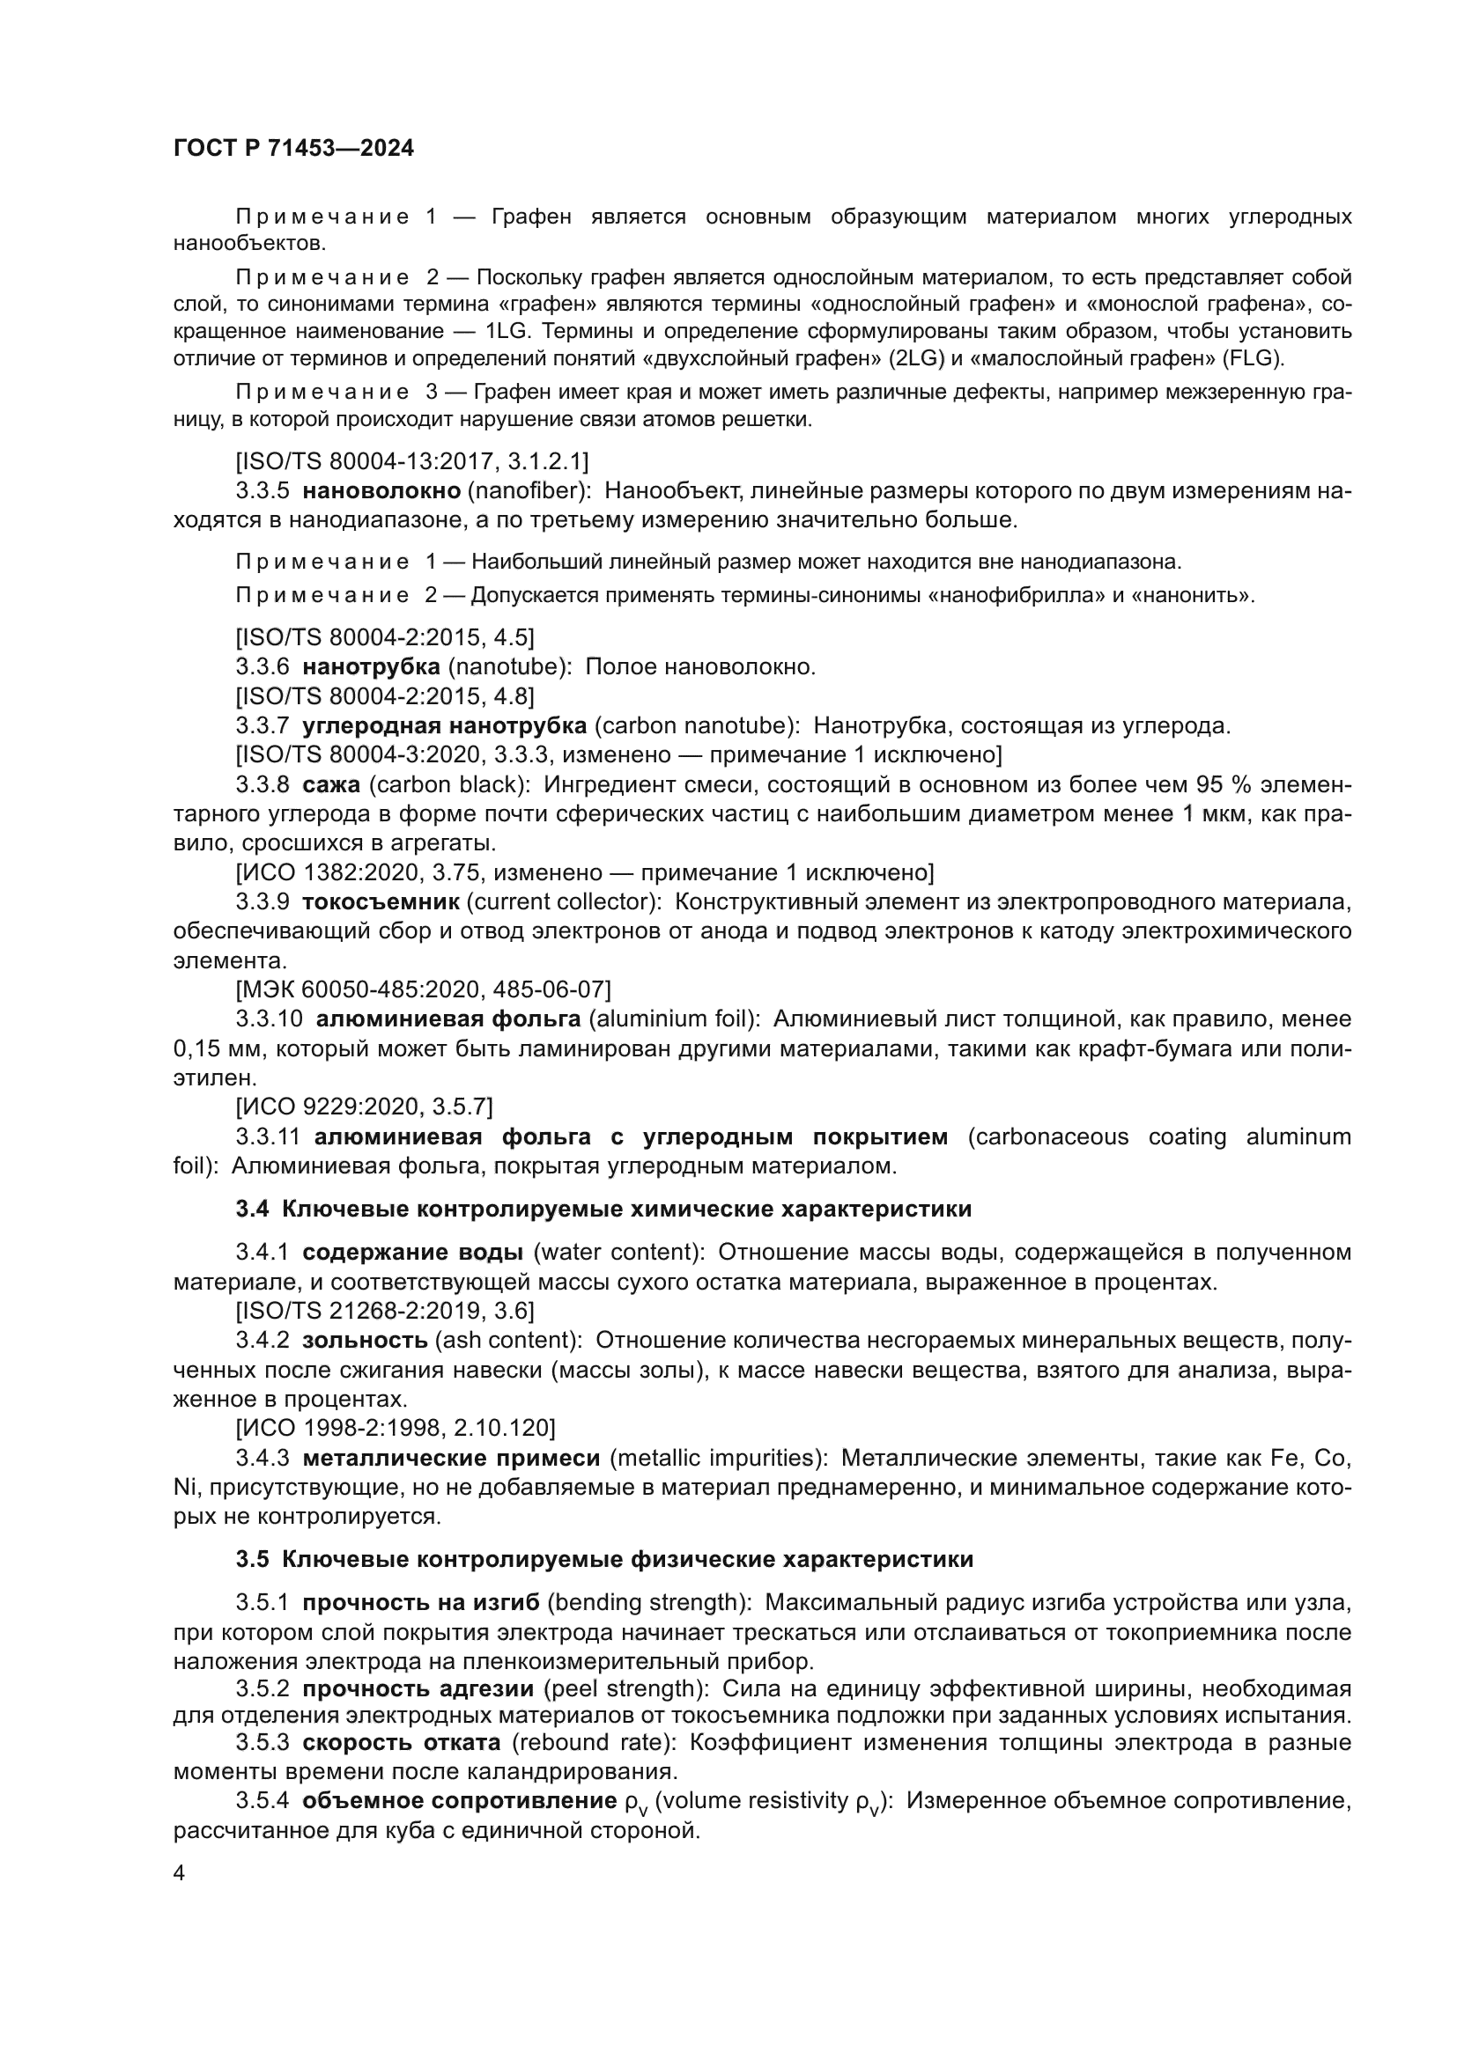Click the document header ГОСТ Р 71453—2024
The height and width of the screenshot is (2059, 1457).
tap(293, 149)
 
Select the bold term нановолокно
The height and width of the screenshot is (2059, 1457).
tap(381, 490)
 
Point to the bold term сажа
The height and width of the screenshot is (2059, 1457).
tap(331, 784)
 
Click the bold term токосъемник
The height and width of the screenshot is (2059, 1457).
tap(381, 901)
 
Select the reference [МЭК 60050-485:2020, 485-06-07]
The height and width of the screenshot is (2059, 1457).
tap(423, 989)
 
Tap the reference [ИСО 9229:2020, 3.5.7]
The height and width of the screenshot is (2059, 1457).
tap(363, 1107)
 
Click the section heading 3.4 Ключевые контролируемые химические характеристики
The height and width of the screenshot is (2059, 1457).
tap(603, 1209)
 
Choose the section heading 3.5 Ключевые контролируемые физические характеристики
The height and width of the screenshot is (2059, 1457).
tap(603, 1559)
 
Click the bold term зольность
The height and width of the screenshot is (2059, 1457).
tap(365, 1340)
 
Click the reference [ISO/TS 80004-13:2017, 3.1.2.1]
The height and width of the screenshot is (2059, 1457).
tap(411, 461)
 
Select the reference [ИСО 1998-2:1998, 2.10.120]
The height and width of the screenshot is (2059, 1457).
tap(396, 1427)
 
